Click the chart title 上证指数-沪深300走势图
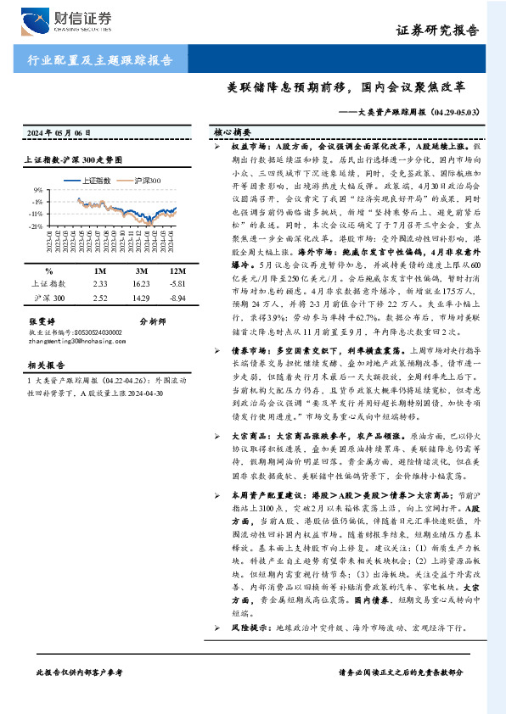tap(73, 159)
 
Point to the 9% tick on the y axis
tap(37, 191)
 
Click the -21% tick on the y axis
tap(36, 226)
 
